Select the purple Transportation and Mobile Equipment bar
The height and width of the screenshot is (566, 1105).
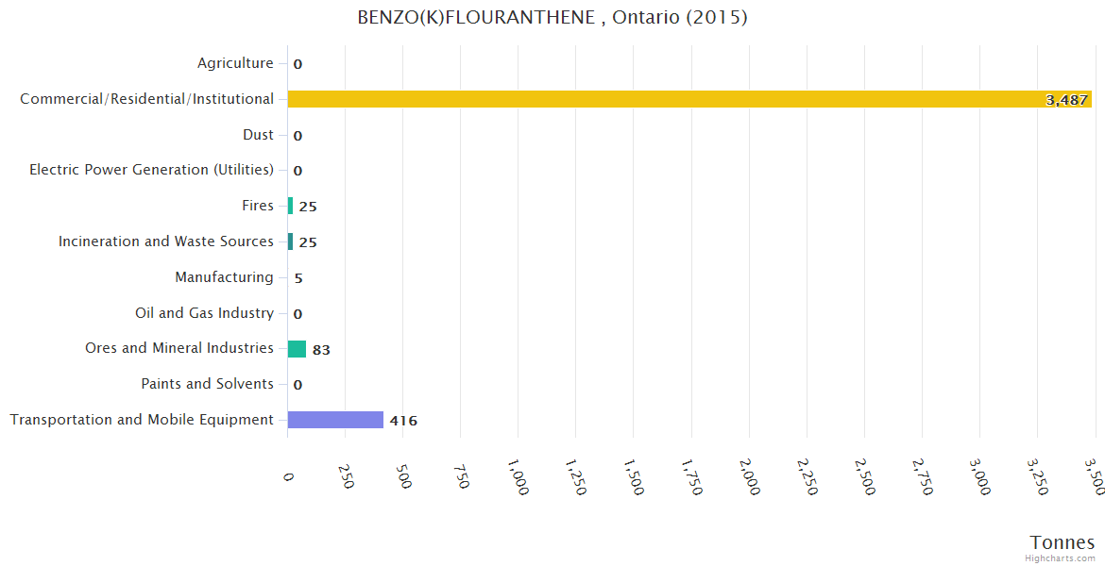[x=335, y=420]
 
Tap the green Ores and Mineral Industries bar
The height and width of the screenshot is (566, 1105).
[x=297, y=349]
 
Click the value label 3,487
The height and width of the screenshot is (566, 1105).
[x=1067, y=100]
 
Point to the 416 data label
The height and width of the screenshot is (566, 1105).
[x=403, y=421]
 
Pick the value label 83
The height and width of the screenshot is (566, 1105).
[x=321, y=350]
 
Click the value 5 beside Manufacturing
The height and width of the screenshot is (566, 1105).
[x=298, y=278]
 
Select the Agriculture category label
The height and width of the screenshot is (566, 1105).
[x=235, y=63]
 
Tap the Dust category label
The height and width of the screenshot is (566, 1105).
[x=258, y=135]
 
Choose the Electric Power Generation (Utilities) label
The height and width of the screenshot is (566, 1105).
[x=151, y=170]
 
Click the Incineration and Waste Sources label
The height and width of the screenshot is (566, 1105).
[x=166, y=241]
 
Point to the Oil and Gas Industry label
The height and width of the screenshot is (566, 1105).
[x=204, y=313]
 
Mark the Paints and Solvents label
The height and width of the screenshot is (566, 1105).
[x=207, y=384]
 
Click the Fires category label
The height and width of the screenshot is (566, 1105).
[x=258, y=206]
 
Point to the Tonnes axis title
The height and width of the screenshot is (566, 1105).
[x=1062, y=542]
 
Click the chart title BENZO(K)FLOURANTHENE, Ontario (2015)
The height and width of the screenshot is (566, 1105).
[x=552, y=18]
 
